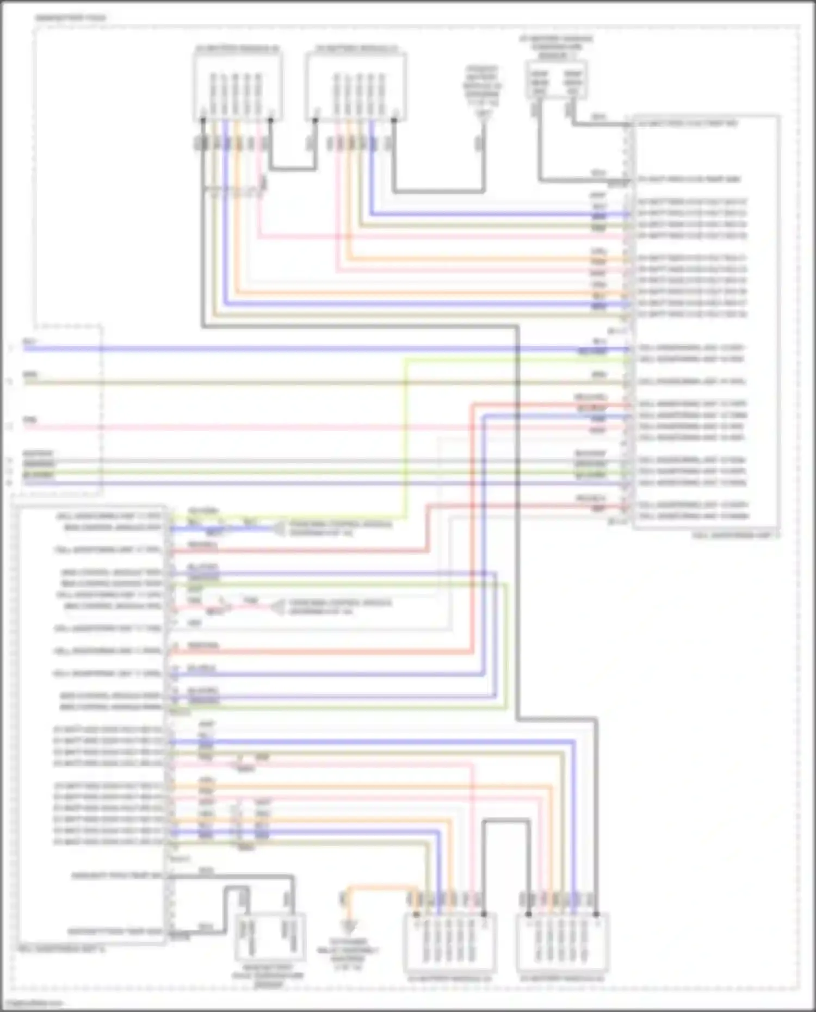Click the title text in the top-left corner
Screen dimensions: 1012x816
click(x=71, y=18)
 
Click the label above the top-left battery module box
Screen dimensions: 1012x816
click(x=237, y=48)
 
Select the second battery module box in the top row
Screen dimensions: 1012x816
click(x=356, y=87)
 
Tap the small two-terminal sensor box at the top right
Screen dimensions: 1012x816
click(x=556, y=81)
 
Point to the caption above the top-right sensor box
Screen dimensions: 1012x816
click(x=556, y=47)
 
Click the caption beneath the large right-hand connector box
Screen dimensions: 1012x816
click(x=735, y=536)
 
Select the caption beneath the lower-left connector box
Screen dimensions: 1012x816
click(x=61, y=948)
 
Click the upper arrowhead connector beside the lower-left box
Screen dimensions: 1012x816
click(x=279, y=529)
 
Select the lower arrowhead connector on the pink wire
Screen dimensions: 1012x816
click(x=279, y=607)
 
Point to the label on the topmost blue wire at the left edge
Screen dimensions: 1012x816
click(x=29, y=342)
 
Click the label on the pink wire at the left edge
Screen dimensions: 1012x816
click(x=30, y=420)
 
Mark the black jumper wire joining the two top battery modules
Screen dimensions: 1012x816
click(x=292, y=168)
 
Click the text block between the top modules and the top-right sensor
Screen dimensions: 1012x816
click(x=482, y=90)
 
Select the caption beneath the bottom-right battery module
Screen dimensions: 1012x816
click(x=562, y=979)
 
